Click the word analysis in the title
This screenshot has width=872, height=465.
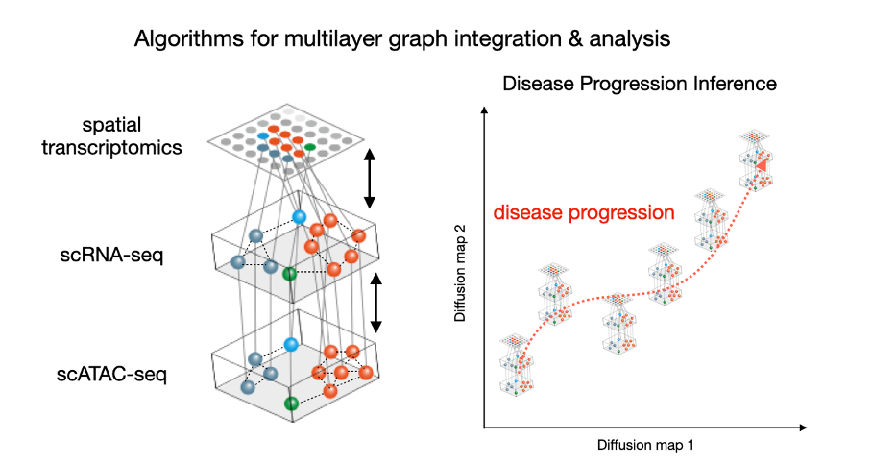click(630, 39)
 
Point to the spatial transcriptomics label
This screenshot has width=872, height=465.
click(111, 136)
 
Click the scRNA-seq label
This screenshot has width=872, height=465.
click(111, 256)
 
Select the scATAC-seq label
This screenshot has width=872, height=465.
click(111, 374)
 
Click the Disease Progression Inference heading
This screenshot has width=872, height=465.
click(640, 84)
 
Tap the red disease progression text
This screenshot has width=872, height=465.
click(584, 212)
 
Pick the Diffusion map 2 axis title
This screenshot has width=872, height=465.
click(460, 273)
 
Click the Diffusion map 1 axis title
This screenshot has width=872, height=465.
click(645, 445)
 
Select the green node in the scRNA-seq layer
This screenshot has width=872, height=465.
click(289, 274)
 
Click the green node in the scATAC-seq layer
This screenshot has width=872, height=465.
click(291, 404)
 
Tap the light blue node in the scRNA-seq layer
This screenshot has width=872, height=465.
click(300, 217)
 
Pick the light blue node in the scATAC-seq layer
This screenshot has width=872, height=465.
click(291, 344)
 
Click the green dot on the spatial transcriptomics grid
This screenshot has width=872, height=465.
click(310, 147)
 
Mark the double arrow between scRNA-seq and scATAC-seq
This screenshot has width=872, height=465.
click(376, 303)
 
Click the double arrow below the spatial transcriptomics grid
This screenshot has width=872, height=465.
click(370, 178)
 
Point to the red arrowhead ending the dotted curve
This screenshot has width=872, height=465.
click(762, 164)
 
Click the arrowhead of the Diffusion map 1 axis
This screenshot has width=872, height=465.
click(803, 428)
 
